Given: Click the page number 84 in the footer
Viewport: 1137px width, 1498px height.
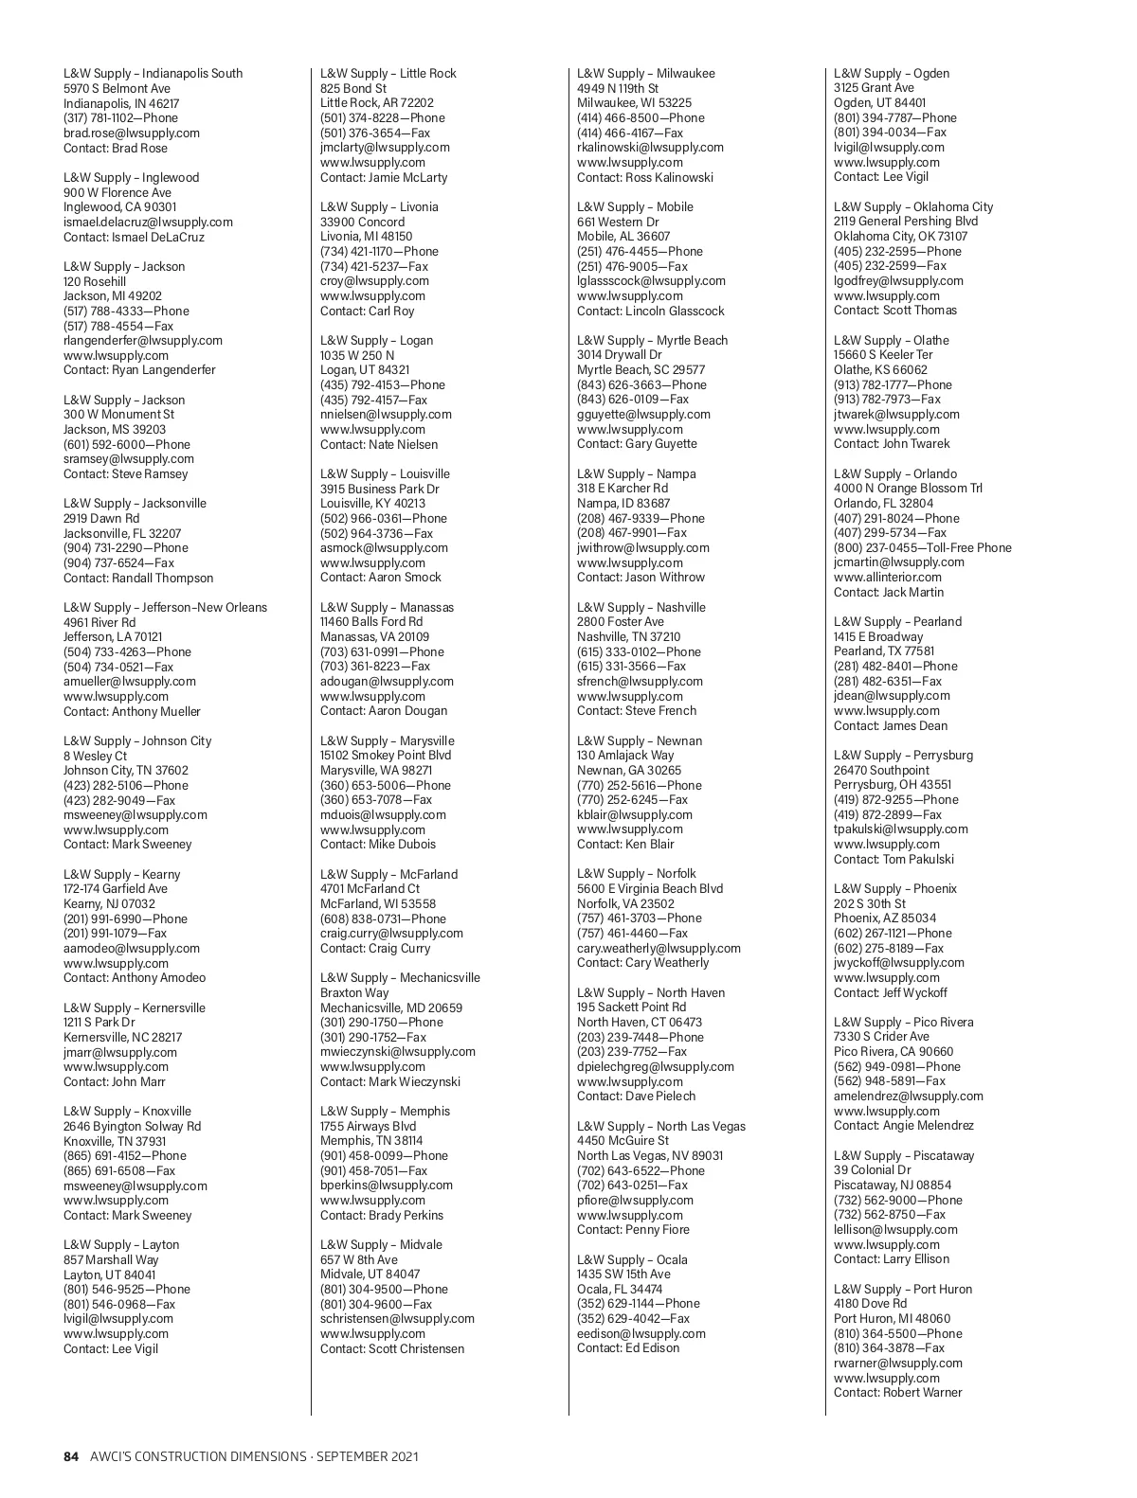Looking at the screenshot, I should click(71, 1456).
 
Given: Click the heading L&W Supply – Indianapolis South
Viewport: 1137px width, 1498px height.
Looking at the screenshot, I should click(153, 73).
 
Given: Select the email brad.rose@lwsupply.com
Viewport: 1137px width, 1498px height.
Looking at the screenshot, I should click(132, 134).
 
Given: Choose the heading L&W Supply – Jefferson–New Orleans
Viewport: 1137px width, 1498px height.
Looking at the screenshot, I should click(165, 607).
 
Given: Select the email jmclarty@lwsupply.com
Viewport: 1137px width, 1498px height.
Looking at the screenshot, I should click(385, 148).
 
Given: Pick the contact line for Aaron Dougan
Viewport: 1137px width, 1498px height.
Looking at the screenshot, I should click(384, 710).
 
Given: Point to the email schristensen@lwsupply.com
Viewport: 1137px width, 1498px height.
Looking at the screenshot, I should click(397, 1318).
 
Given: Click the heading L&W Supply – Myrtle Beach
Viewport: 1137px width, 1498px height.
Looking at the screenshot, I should click(652, 340).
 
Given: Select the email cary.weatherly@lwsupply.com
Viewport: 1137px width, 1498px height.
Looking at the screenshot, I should click(659, 948).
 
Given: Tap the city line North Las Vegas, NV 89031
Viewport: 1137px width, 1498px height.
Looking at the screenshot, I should click(650, 1155).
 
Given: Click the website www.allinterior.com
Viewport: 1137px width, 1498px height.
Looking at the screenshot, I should click(888, 577).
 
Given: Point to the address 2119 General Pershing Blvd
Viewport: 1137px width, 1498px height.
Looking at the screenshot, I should click(906, 222).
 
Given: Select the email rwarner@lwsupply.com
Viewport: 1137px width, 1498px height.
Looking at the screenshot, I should click(897, 1363).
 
